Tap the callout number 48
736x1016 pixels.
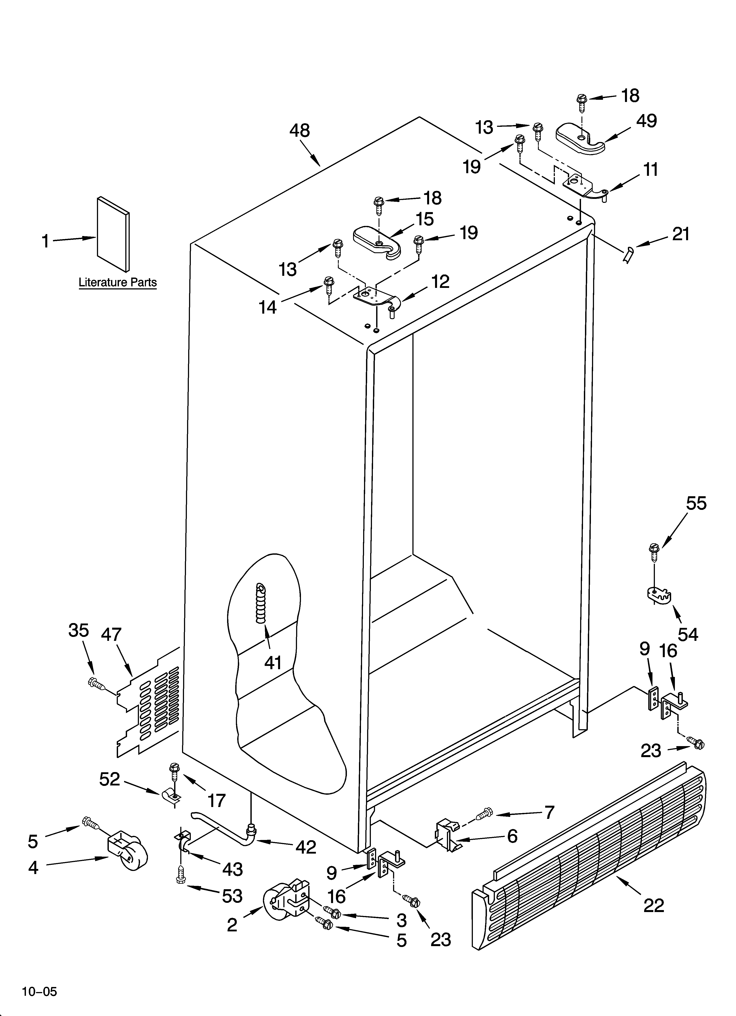pos(299,130)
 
